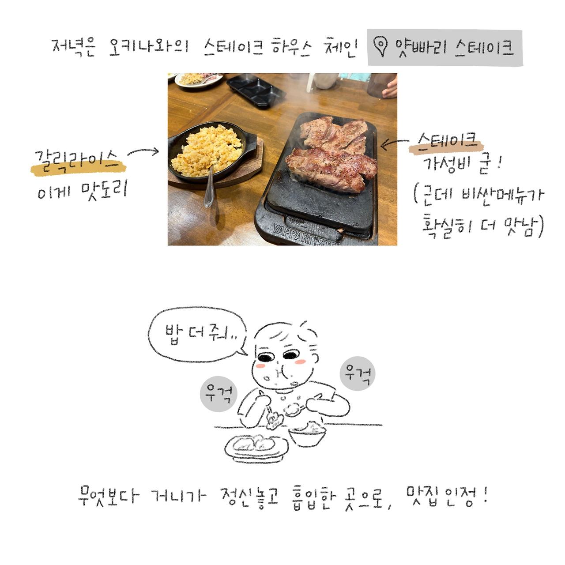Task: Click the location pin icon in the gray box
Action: click(380, 46)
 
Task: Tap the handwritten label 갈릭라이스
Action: click(77, 159)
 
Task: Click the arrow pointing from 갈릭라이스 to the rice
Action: click(143, 152)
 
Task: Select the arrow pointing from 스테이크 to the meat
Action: click(394, 143)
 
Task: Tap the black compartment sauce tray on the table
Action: click(256, 89)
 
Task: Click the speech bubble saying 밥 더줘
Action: click(197, 334)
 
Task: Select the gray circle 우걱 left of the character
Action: click(218, 394)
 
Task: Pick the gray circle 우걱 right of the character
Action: click(358, 373)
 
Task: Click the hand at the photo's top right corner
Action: click(390, 87)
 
